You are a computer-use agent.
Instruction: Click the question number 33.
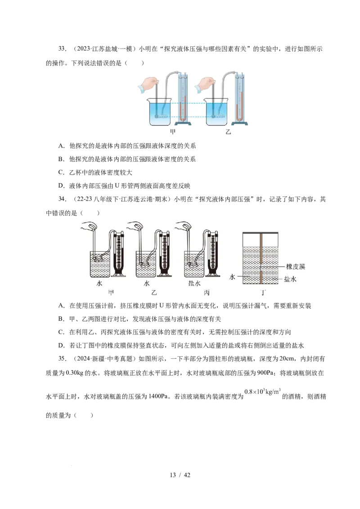pyautogui.click(x=63, y=49)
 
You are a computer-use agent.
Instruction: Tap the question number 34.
pyautogui.click(x=63, y=199)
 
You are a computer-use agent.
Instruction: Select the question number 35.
pyautogui.click(x=63, y=359)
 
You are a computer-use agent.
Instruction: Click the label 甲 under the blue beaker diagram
pyautogui.click(x=173, y=131)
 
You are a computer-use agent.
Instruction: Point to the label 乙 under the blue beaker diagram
pyautogui.click(x=228, y=131)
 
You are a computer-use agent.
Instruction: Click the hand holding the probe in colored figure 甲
pyautogui.click(x=148, y=85)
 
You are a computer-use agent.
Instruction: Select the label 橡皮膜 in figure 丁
pyautogui.click(x=296, y=267)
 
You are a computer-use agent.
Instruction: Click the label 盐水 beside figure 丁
pyautogui.click(x=290, y=279)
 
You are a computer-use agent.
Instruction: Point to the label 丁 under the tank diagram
pyautogui.click(x=263, y=292)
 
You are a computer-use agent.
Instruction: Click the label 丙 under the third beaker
pyautogui.click(x=207, y=292)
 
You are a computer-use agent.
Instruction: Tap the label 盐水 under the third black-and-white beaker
pyautogui.click(x=194, y=283)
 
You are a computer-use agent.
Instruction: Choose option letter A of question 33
pyautogui.click(x=61, y=146)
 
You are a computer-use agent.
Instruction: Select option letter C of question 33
pyautogui.click(x=61, y=172)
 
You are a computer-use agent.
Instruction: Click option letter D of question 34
pyautogui.click(x=61, y=345)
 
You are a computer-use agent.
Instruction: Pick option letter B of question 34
pyautogui.click(x=61, y=319)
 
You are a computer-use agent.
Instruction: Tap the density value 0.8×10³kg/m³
pyautogui.click(x=262, y=392)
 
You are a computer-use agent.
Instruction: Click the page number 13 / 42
pyautogui.click(x=180, y=475)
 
